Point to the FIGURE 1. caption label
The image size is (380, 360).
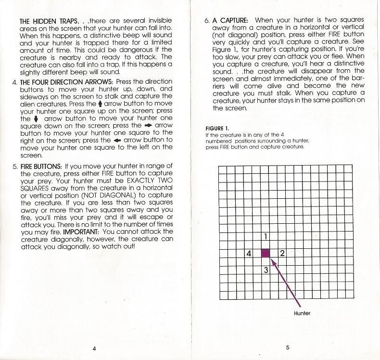tap(217, 129)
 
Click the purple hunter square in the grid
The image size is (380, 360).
tap(266, 253)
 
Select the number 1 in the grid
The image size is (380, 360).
tap(266, 236)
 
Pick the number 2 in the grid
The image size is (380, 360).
tap(282, 253)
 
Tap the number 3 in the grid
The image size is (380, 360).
tap(266, 270)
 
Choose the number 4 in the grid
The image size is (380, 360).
tap(249, 253)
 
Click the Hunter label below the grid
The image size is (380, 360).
tap(302, 313)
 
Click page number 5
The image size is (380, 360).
tap(287, 347)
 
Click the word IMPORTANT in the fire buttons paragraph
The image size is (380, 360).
tap(81, 232)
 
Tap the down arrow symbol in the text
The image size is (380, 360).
tap(36, 118)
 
